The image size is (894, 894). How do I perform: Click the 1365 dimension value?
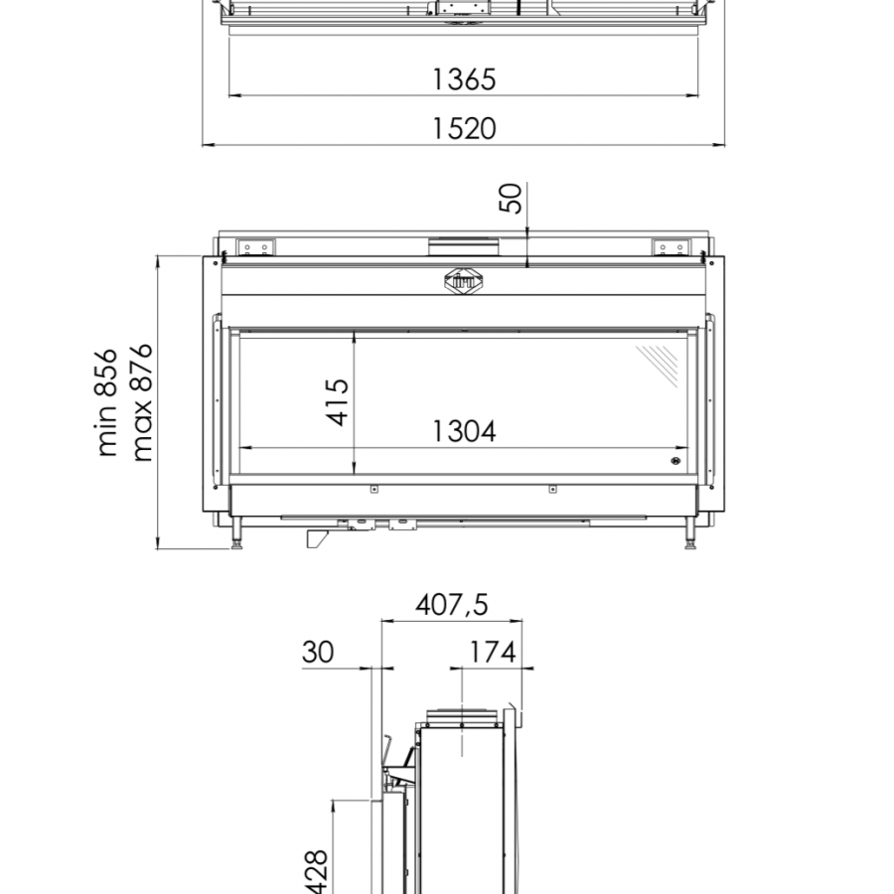point(464,79)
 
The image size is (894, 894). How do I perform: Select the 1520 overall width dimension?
point(464,128)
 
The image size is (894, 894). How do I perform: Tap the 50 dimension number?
point(511,198)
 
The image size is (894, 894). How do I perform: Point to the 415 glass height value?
point(337,401)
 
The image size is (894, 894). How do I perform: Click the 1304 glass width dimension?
point(464,431)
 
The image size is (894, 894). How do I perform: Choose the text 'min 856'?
point(106,402)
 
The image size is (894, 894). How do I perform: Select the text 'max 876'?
point(141,402)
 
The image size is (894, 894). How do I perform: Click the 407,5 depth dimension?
point(452,605)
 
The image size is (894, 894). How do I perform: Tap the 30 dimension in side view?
point(318,652)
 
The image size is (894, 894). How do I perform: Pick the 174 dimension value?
point(493,652)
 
